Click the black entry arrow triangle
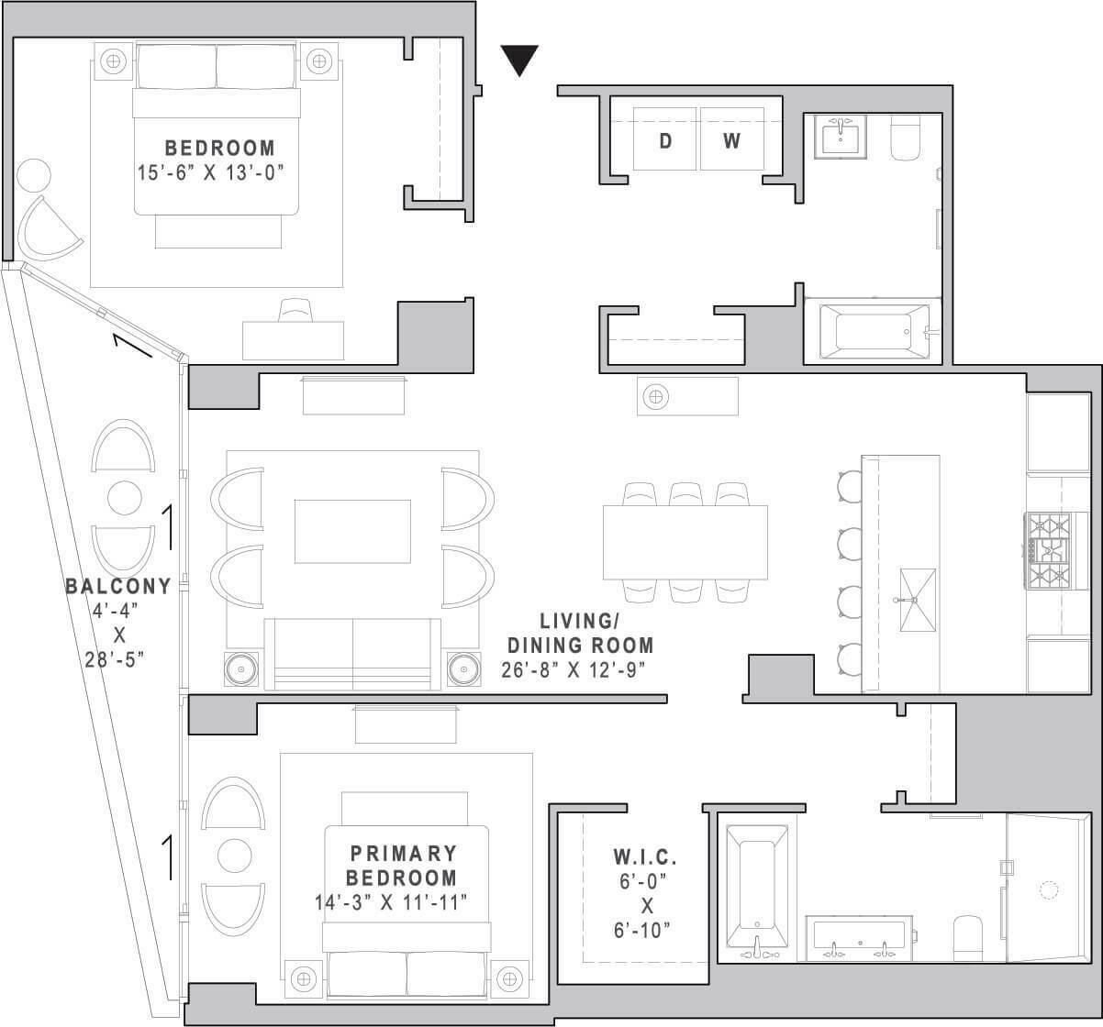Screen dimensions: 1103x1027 click(x=519, y=60)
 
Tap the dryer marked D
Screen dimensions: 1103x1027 click(x=664, y=138)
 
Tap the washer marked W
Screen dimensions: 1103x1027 click(x=732, y=138)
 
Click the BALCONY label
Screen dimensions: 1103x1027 click(x=118, y=586)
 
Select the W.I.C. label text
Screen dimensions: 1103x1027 click(x=645, y=857)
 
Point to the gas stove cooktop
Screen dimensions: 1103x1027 click(x=1049, y=551)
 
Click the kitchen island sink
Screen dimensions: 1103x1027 click(x=917, y=600)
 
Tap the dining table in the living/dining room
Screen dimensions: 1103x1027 click(x=685, y=542)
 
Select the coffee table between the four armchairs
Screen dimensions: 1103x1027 click(x=352, y=531)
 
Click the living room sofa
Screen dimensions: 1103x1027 click(x=352, y=655)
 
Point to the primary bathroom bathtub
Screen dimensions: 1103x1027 click(x=757, y=892)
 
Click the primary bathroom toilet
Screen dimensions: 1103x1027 click(x=968, y=938)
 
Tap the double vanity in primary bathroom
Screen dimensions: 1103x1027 click(x=859, y=938)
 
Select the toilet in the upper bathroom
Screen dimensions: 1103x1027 click(x=906, y=138)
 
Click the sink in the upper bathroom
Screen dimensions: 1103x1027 click(x=841, y=137)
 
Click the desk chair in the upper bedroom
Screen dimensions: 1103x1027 click(x=295, y=310)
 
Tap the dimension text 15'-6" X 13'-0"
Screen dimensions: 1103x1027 click(x=210, y=172)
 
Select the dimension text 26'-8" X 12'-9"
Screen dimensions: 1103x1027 click(x=574, y=670)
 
